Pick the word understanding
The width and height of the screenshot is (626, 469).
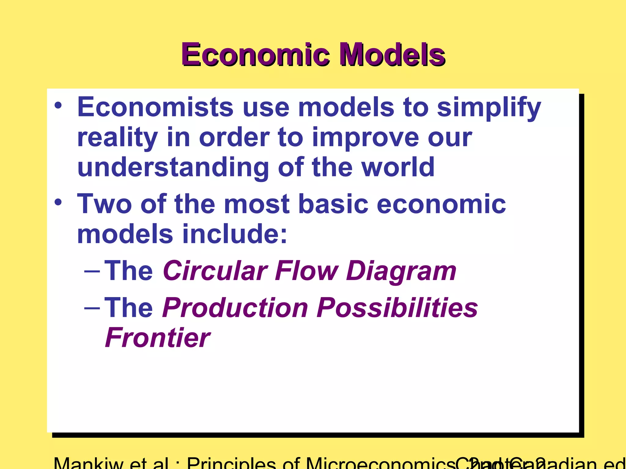(x=173, y=167)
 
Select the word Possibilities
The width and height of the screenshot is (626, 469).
(x=397, y=307)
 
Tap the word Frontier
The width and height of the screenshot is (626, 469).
(x=158, y=338)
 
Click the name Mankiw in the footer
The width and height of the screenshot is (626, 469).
(x=89, y=464)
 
